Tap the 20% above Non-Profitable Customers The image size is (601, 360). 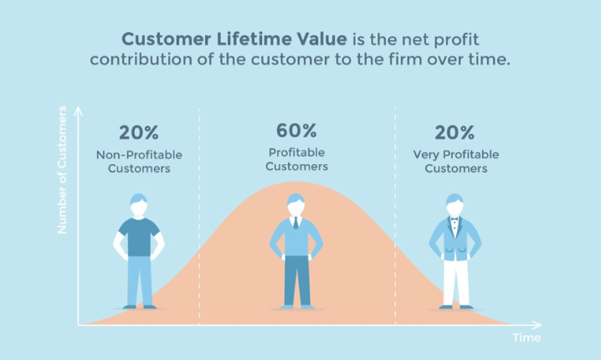pyautogui.click(x=138, y=132)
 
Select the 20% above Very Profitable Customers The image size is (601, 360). pyautogui.click(x=455, y=132)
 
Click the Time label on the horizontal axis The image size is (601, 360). pyautogui.click(x=527, y=337)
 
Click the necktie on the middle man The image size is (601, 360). pyautogui.click(x=295, y=223)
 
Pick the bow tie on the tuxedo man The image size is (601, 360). pyautogui.click(x=454, y=220)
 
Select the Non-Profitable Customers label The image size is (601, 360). pyautogui.click(x=138, y=161)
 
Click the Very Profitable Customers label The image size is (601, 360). pyautogui.click(x=455, y=161)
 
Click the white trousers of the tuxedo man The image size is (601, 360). pyautogui.click(x=453, y=280)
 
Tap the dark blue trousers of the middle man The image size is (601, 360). pyautogui.click(x=296, y=280)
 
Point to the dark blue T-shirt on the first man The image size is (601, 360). pyautogui.click(x=139, y=237)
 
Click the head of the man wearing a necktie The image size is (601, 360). pyautogui.click(x=295, y=204)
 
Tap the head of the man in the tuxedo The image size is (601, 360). pyautogui.click(x=454, y=204)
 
